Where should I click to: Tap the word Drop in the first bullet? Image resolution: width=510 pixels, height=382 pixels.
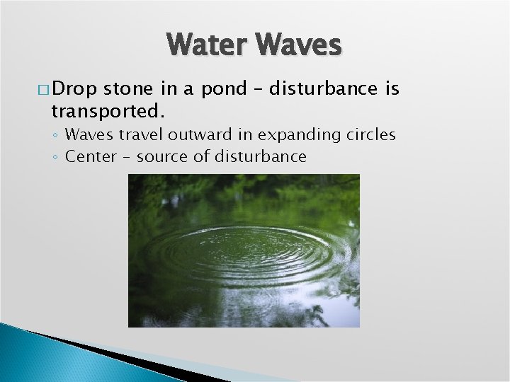(75, 88)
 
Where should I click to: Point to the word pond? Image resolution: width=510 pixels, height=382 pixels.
(220, 89)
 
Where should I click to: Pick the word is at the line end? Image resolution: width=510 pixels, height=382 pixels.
(392, 88)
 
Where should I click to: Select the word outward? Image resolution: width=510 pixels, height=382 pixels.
(202, 134)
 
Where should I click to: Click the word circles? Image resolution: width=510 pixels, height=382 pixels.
(370, 134)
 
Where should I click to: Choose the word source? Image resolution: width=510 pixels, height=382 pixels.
(161, 156)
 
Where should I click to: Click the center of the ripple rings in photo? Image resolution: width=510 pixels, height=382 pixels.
(244, 251)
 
